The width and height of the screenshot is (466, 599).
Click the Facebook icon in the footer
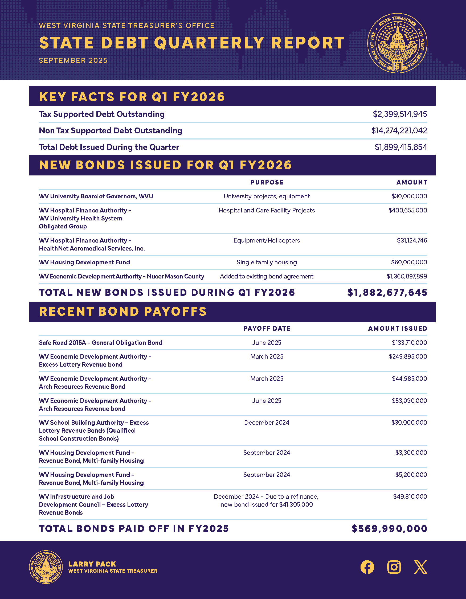click(367, 567)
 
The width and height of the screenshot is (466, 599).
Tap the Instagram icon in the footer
click(394, 567)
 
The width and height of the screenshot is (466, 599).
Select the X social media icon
click(420, 567)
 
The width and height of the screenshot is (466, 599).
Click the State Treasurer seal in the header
click(397, 43)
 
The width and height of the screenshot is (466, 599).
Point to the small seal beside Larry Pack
click(46, 567)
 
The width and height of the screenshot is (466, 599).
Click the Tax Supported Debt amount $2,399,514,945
click(400, 114)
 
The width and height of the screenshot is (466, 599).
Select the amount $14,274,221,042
click(399, 130)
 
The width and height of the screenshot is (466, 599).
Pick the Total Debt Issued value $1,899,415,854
click(401, 147)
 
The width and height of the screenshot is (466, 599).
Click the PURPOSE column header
click(267, 182)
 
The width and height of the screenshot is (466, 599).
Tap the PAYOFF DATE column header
click(267, 329)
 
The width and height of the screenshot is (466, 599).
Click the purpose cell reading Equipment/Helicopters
click(267, 241)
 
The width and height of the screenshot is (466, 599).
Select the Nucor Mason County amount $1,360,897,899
click(407, 276)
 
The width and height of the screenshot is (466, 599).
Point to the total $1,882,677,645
click(387, 293)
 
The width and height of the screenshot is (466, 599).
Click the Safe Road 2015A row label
click(101, 343)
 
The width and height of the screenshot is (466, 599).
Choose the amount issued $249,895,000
click(408, 356)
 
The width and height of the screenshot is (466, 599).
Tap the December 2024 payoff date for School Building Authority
click(267, 422)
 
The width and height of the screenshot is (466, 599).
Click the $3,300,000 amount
click(411, 453)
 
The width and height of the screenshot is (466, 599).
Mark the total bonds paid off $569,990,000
click(390, 529)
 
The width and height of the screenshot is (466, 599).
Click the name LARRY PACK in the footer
click(92, 564)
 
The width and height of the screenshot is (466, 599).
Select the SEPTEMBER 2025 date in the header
click(73, 60)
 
